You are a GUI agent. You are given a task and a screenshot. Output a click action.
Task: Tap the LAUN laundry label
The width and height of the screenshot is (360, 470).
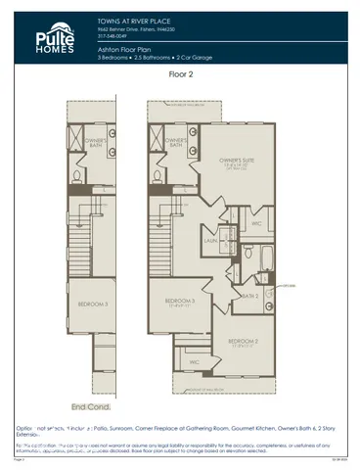point(209,237)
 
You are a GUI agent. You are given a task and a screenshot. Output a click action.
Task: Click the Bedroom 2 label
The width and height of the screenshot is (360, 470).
point(242,342)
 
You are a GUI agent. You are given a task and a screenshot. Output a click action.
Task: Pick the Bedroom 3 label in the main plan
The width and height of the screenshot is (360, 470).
point(181,301)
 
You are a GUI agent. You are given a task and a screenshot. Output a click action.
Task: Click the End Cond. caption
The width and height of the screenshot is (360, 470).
point(91,405)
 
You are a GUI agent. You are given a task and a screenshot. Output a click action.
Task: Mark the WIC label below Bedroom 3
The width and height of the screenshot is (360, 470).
point(195,361)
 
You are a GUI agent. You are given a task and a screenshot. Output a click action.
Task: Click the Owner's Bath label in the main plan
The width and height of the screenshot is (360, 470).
point(178,140)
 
